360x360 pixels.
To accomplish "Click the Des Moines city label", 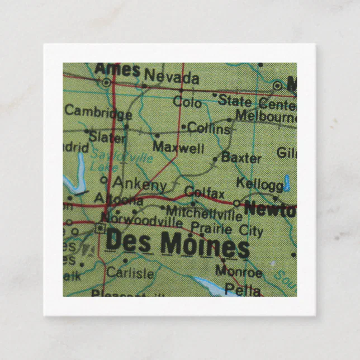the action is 177,244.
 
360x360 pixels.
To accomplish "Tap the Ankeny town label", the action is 139,183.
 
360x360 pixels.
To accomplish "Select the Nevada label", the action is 171,77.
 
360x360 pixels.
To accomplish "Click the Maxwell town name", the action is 178,148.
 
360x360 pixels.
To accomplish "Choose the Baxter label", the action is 241,157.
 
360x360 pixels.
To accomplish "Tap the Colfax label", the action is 204,193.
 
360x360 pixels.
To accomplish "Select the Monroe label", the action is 239,272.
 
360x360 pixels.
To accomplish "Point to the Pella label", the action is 243,290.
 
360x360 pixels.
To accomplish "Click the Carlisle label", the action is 130,273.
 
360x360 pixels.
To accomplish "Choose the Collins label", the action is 209,129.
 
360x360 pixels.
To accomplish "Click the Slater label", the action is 108,136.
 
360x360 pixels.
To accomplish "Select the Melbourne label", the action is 265,116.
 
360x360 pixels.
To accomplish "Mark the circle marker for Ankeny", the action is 104,180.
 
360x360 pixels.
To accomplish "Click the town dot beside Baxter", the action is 215,159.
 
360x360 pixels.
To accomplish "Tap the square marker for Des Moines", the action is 100,228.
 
